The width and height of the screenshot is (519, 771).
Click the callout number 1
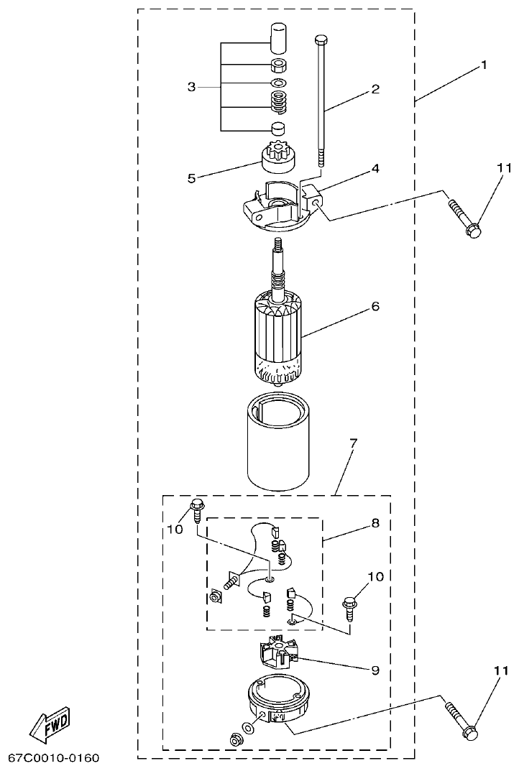tap(484, 65)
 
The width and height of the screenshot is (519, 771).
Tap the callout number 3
tap(191, 87)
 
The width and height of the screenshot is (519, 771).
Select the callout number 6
tap(375, 307)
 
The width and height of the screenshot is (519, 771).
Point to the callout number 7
tap(353, 444)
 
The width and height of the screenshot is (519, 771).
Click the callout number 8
tap(375, 525)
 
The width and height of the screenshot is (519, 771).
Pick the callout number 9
tap(375, 670)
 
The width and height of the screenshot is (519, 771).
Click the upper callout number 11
tap(502, 169)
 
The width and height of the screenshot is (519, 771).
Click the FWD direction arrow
tap(50, 721)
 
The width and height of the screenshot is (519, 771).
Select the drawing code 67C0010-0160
tap(54, 759)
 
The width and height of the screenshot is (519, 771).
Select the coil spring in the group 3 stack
tap(278, 102)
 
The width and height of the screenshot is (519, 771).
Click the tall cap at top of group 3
tap(278, 37)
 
